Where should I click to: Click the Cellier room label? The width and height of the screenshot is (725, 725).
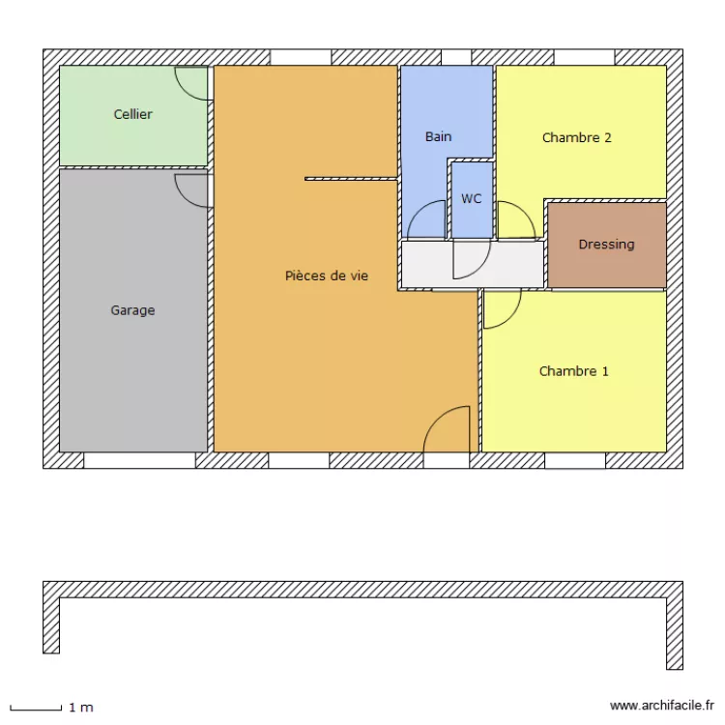click(133, 114)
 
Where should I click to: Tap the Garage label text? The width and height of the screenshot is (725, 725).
click(132, 310)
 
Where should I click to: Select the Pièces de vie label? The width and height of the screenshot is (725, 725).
click(327, 275)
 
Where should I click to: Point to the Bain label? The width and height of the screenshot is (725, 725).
click(438, 136)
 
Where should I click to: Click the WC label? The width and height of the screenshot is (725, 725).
click(471, 198)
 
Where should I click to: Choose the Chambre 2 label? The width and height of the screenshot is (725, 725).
click(576, 137)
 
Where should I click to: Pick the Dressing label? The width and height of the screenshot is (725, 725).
click(606, 245)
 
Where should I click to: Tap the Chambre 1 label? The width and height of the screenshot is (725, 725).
click(573, 371)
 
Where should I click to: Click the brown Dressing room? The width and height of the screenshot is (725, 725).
click(606, 266)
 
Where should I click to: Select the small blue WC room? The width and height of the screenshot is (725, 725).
click(472, 217)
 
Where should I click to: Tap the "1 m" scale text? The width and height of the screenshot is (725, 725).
click(80, 708)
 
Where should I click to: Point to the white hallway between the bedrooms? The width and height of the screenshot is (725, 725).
click(425, 263)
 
